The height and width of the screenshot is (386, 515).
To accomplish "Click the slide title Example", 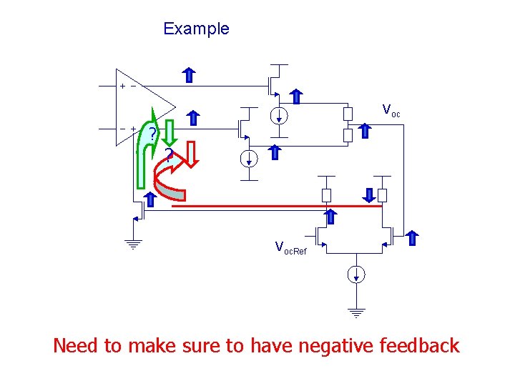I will click(196, 29).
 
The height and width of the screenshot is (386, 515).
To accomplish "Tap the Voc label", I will click(391, 111).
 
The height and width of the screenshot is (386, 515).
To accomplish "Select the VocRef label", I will click(290, 249).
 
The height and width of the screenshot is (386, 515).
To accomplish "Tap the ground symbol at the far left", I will click(134, 242).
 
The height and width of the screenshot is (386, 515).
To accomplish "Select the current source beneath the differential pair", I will click(355, 274).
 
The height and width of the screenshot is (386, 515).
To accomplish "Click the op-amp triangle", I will click(143, 107).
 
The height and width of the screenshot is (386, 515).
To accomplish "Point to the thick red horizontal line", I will click(275, 207).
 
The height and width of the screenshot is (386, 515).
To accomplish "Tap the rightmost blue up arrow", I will click(413, 239).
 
